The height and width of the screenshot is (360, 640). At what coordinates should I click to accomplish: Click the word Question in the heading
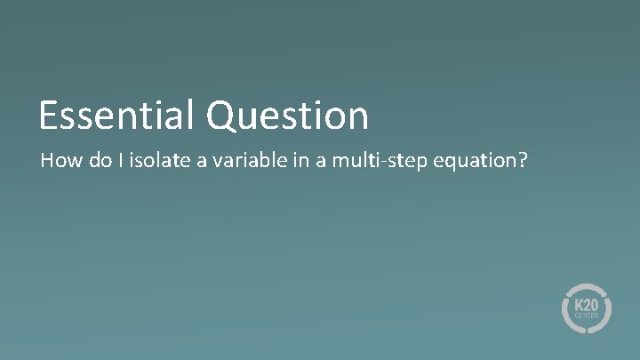288,116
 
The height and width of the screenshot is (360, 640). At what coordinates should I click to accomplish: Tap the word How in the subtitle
57,162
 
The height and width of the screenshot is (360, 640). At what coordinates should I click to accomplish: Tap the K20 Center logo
587,308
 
